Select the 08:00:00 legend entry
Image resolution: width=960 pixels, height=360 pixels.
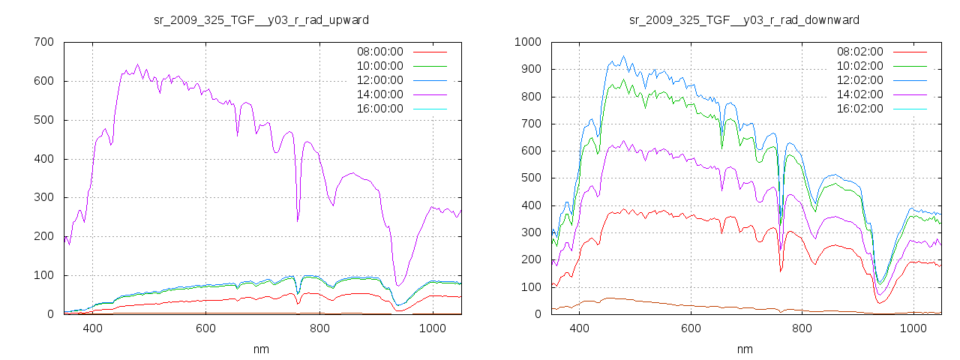pyautogui.click(x=379, y=52)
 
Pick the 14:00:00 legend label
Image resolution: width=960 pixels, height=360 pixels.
pyautogui.click(x=379, y=94)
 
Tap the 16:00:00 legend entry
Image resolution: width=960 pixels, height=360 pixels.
pyautogui.click(x=379, y=109)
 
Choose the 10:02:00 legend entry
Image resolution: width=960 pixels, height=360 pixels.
pyautogui.click(x=859, y=66)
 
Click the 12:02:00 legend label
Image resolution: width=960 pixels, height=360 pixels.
pyautogui.click(x=859, y=80)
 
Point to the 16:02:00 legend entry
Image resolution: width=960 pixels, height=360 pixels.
pyautogui.click(x=859, y=109)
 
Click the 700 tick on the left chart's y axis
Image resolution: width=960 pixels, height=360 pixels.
pyautogui.click(x=43, y=42)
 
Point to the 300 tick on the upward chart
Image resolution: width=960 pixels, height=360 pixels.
pyautogui.click(x=43, y=197)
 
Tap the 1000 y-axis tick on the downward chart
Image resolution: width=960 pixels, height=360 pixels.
pyautogui.click(x=528, y=42)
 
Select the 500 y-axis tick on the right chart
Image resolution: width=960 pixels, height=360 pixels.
pyautogui.click(x=531, y=178)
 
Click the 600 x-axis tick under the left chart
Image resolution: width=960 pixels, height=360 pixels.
pyautogui.click(x=206, y=328)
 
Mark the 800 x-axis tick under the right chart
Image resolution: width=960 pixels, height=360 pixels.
pyautogui.click(x=802, y=328)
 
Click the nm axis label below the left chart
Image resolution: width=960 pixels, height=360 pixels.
pyautogui.click(x=261, y=349)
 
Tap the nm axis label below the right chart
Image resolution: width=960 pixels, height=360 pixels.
pyautogui.click(x=744, y=349)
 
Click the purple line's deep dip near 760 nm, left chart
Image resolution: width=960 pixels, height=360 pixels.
pyautogui.click(x=298, y=221)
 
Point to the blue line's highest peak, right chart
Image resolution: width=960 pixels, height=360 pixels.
pyautogui.click(x=623, y=55)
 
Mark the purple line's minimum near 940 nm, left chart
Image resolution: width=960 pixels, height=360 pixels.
pyautogui.click(x=398, y=286)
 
